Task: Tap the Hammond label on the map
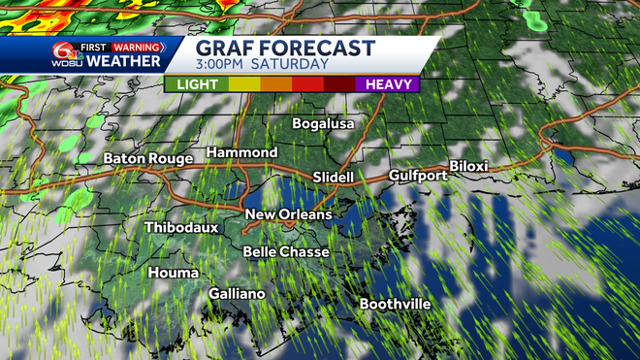pos(241,153)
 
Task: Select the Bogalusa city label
pos(325,124)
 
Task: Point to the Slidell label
pos(334,178)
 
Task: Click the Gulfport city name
pos(418,176)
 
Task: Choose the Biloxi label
pos(468,166)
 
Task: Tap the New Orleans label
pos(288,214)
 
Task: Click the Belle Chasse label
pos(286,252)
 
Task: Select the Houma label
pos(171,273)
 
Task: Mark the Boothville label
pos(395,305)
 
